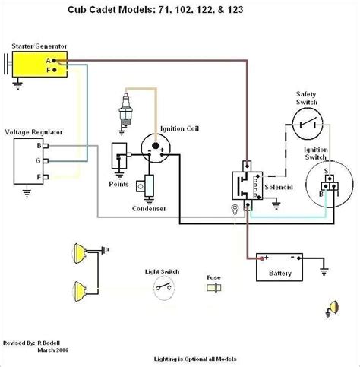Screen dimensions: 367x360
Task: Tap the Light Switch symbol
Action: click(163, 285)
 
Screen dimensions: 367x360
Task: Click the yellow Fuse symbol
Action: click(214, 288)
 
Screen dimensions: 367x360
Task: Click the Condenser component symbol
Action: click(148, 185)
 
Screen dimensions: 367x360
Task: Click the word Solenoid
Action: click(278, 185)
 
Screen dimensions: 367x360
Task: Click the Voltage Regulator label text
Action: click(33, 132)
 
